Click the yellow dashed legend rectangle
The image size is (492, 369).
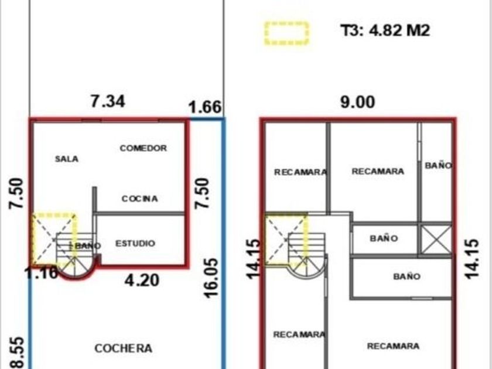(x=286, y=33)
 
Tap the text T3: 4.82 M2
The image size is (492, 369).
(x=385, y=30)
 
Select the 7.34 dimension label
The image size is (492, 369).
(x=107, y=102)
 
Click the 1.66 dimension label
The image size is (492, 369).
(x=205, y=108)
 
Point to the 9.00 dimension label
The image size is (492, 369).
(x=358, y=102)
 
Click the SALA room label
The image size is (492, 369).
(x=67, y=159)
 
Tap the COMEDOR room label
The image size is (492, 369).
(x=143, y=148)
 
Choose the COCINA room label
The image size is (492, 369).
(x=139, y=199)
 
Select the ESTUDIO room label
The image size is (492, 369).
(x=135, y=243)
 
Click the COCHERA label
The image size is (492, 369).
(x=124, y=348)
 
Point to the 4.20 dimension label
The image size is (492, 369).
(x=142, y=281)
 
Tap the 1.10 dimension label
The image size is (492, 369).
(x=42, y=272)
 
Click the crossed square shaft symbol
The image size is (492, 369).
(x=436, y=240)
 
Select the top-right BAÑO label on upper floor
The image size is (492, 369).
(x=438, y=166)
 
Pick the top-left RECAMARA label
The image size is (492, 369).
(x=300, y=172)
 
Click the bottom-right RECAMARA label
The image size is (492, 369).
(x=393, y=346)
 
